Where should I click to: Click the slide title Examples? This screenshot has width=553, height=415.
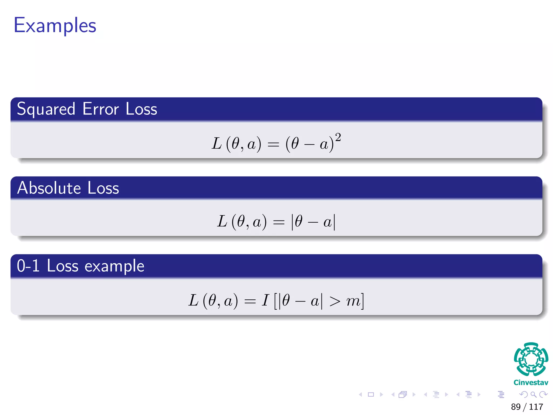coord(55,25)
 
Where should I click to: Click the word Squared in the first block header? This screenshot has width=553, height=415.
coord(46,109)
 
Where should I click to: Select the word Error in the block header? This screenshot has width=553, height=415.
coord(100,109)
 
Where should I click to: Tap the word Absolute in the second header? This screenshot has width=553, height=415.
coord(49,188)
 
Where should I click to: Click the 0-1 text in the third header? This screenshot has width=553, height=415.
coord(28,266)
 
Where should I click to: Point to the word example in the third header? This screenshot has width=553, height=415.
coord(114,266)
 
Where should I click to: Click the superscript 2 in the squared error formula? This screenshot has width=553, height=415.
coord(338,137)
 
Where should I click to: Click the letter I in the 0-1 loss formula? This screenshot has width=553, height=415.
coord(265,300)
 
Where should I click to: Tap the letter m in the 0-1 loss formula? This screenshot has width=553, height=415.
coord(353,301)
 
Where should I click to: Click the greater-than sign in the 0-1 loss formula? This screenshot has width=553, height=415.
coord(335,301)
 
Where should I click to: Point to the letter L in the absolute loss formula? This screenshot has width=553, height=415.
coord(222,222)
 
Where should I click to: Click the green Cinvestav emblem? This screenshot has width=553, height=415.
coord(531,359)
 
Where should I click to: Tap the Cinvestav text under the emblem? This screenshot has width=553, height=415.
coord(531,383)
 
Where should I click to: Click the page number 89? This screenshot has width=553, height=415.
coord(516,407)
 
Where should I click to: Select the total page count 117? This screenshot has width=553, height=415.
coord(536,407)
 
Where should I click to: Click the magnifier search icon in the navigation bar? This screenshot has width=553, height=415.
coord(533,394)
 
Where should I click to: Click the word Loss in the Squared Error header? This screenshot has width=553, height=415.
coord(141,109)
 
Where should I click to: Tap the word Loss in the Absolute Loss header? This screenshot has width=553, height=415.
coord(103,188)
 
